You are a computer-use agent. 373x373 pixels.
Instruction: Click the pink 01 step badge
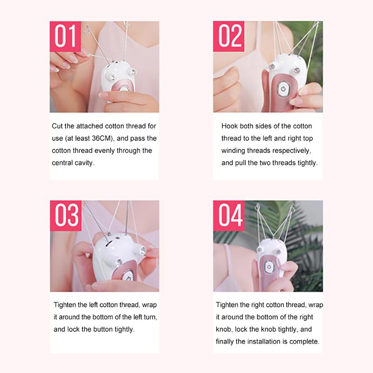click(65, 36)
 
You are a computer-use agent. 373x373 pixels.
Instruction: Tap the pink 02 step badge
click(228, 36)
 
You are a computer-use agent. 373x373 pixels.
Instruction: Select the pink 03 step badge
click(66, 216)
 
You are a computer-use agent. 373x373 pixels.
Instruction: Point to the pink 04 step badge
click(229, 216)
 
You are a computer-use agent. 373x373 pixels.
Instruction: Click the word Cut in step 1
click(57, 126)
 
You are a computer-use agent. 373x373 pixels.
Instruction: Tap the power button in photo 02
click(283, 89)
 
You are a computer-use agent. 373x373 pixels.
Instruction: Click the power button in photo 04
click(269, 267)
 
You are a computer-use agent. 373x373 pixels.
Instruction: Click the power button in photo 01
click(123, 89)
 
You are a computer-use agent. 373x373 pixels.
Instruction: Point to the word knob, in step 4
click(224, 329)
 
